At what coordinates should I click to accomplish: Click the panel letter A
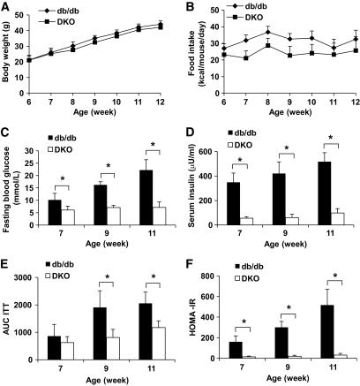pos(6,7)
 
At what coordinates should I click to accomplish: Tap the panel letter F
pos(189,261)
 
